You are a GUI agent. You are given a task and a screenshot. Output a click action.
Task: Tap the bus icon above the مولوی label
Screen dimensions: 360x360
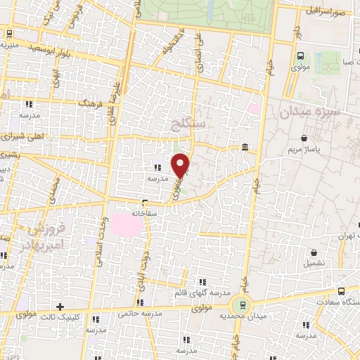(301, 56)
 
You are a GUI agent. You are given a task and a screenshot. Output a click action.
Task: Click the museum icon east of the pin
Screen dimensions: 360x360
(244, 147)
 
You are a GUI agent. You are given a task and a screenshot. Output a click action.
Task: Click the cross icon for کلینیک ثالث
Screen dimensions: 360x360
(60, 307)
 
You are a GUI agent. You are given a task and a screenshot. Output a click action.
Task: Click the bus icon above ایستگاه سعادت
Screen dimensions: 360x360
(341, 290)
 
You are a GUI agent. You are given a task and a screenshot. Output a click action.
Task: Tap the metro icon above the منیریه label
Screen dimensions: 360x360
(8, 32)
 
